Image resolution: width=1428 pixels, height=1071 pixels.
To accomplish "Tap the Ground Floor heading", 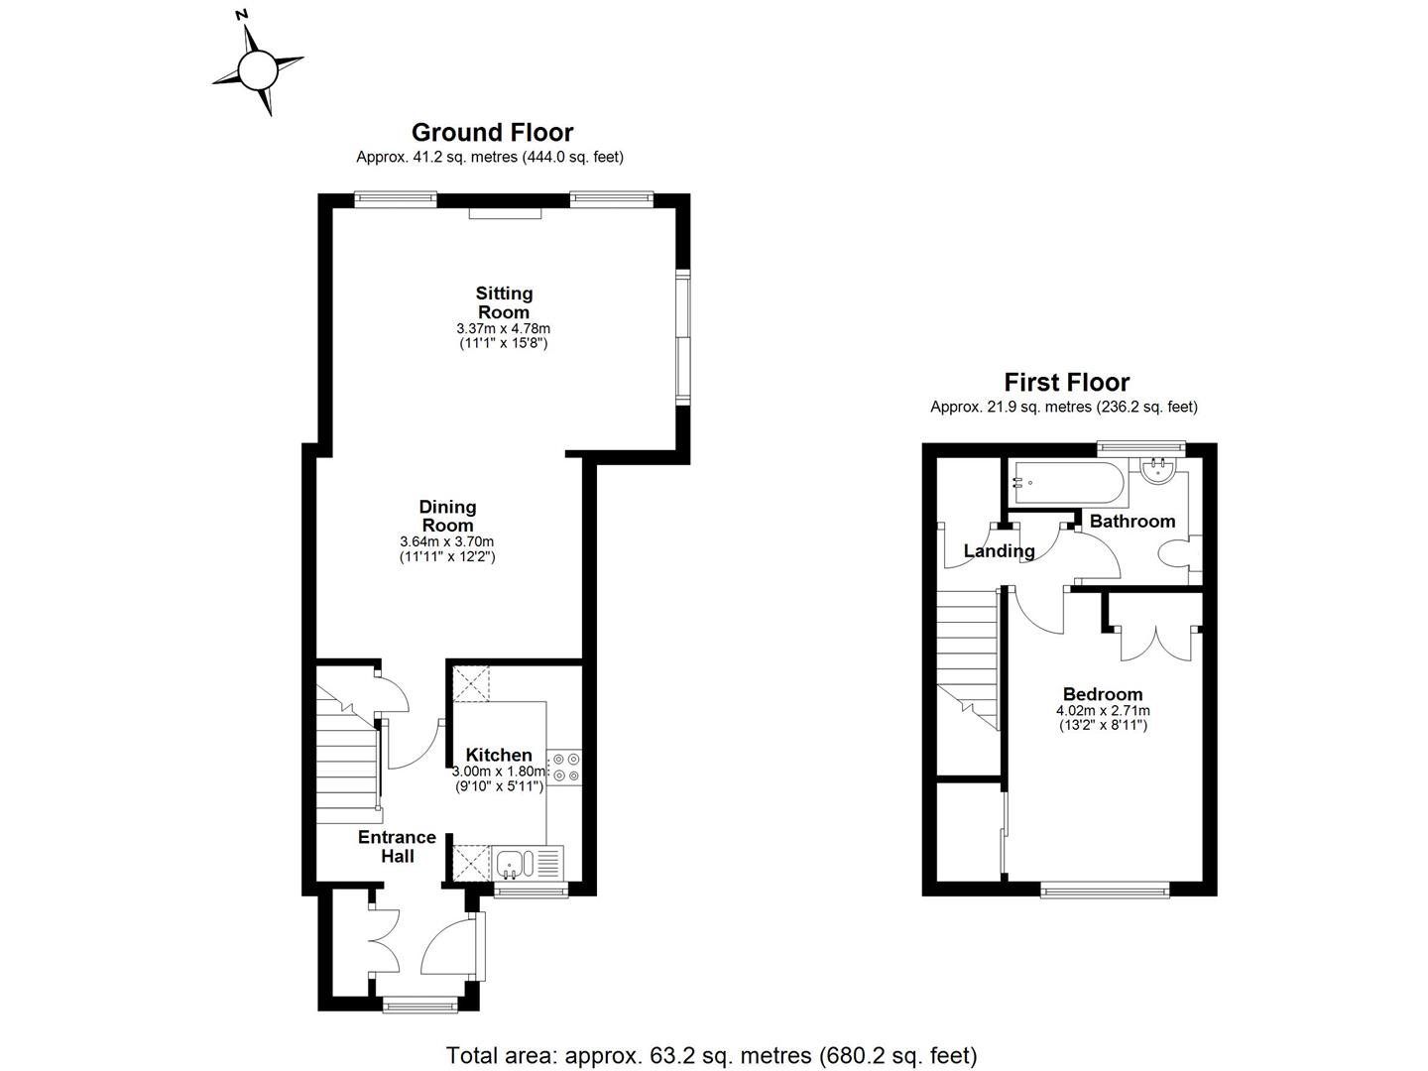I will (x=492, y=132).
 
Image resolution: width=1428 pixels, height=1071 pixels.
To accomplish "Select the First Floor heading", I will (x=1066, y=382).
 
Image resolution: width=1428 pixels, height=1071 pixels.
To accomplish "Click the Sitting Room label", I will (x=504, y=302).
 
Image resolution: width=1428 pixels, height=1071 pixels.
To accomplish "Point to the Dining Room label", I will (x=447, y=516).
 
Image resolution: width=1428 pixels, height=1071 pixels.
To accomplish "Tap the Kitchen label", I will (x=499, y=755).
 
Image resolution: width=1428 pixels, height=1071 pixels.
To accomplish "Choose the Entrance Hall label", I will (x=398, y=846).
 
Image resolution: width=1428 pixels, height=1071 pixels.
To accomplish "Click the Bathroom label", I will (x=1131, y=521).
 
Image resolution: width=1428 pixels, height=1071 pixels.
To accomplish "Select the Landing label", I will (x=999, y=551).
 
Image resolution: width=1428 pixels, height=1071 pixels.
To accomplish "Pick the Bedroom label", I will (x=1102, y=694).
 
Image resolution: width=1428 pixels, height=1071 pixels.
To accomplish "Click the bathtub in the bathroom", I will (x=1066, y=483).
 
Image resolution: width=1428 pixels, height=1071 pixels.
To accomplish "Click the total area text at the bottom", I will (x=711, y=1054).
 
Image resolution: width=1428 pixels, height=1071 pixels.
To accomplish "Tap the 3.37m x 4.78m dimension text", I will (x=503, y=328).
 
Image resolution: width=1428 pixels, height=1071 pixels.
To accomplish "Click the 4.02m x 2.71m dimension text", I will (x=1103, y=710).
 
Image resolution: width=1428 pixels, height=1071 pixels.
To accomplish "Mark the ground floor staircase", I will (x=347, y=764).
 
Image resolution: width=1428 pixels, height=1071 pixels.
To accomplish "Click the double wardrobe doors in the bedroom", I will (x=1153, y=643).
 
